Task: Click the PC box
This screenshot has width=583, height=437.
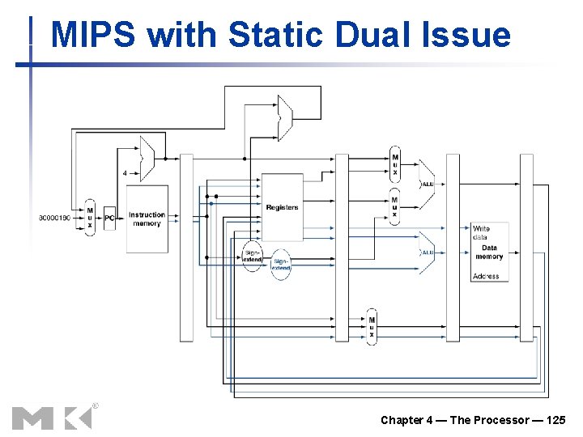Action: point(110,218)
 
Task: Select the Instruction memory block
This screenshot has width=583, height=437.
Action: point(147,218)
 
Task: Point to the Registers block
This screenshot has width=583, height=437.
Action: point(282,207)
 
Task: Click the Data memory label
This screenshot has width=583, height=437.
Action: point(489,252)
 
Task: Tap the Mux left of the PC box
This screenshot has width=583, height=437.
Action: point(90,218)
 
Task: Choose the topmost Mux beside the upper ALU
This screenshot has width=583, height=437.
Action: point(394,164)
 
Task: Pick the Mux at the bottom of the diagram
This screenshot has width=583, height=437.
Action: point(372,326)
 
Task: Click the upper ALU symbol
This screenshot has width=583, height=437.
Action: point(426,184)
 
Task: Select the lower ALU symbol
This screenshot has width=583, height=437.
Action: point(426,252)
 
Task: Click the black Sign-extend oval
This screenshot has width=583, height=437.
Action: point(253,256)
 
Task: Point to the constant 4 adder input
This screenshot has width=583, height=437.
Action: point(125,172)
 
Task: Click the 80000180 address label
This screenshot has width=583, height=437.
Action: point(56,218)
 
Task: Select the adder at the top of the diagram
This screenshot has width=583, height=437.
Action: point(284,117)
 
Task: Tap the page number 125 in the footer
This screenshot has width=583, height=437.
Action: point(556,419)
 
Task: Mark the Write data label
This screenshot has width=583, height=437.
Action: point(481,233)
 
